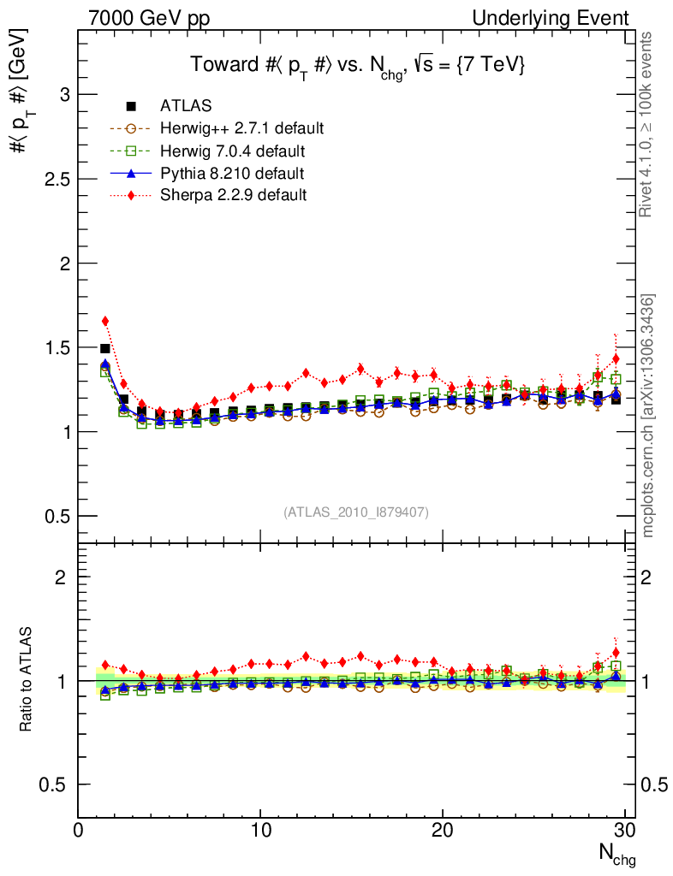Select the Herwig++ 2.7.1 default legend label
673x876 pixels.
pos(241,128)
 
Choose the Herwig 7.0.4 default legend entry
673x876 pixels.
pos(233,151)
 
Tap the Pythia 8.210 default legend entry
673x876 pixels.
pos(232,173)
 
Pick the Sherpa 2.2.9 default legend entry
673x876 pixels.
pos(233,195)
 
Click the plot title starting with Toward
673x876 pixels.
pos(357,66)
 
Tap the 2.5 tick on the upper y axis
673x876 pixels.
pos(57,179)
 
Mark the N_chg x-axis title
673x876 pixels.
pos(616,853)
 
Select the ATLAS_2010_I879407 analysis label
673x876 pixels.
pos(356,512)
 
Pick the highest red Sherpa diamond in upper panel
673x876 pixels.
pos(105,321)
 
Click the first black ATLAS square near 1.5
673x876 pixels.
pos(105,348)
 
